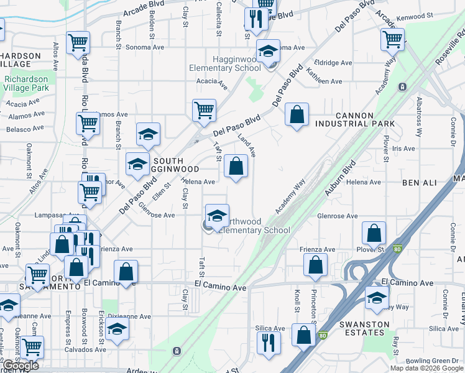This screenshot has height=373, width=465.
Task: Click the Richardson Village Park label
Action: (x=26, y=84)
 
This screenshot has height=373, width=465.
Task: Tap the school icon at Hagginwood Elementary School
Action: (x=268, y=52)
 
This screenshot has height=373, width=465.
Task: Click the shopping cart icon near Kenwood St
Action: (x=393, y=39)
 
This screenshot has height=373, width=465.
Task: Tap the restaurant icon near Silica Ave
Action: (x=269, y=342)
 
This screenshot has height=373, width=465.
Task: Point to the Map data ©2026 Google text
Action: (x=426, y=368)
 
